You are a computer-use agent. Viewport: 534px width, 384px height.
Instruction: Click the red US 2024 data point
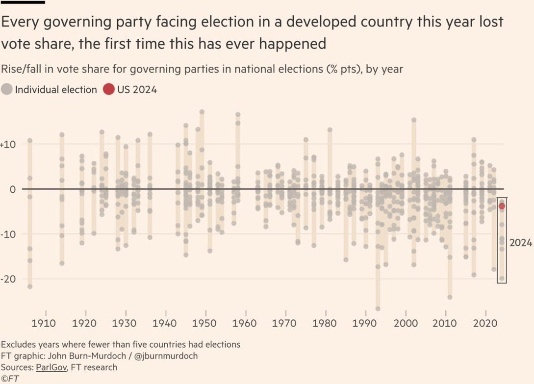pyautogui.click(x=502, y=206)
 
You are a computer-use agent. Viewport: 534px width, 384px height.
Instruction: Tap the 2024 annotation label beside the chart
pyautogui.click(x=520, y=243)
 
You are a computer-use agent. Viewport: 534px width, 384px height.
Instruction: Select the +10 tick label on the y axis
pyautogui.click(x=9, y=144)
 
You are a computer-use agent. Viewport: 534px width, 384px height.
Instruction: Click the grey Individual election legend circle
pyautogui.click(x=7, y=90)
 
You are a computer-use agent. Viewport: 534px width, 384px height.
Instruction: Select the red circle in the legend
pyautogui.click(x=108, y=90)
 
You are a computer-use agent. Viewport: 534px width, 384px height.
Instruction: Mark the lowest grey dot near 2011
pyautogui.click(x=450, y=297)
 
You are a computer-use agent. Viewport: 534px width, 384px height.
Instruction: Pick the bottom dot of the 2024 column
pyautogui.click(x=502, y=279)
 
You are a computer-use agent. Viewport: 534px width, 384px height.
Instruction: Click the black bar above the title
pyautogui.click(x=23, y=2)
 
